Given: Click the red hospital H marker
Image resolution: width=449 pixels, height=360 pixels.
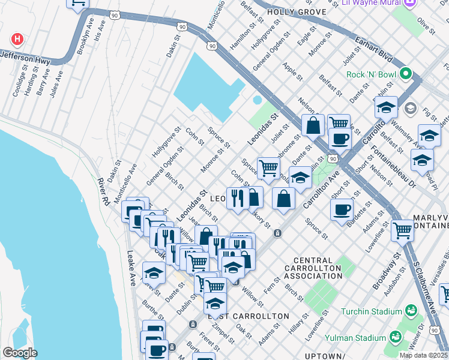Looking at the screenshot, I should [17, 40].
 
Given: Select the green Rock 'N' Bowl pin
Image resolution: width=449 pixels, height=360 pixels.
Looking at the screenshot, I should [406, 74].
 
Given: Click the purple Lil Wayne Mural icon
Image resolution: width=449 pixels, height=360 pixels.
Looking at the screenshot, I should [411, 3].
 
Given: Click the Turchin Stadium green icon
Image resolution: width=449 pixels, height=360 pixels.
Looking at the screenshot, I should [411, 311].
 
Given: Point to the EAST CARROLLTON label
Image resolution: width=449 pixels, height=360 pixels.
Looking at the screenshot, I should [248, 316].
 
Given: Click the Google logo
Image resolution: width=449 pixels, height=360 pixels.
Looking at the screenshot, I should [20, 353].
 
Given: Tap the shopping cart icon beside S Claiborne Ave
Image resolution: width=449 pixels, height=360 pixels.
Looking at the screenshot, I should [402, 229].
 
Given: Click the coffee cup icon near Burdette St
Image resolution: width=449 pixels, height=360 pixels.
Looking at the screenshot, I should [342, 209].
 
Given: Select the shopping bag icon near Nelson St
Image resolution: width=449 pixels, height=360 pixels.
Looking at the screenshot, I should [313, 125].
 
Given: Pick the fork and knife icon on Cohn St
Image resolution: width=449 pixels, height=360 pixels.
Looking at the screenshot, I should [238, 197].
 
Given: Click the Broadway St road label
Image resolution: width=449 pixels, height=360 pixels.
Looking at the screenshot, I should [386, 271].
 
